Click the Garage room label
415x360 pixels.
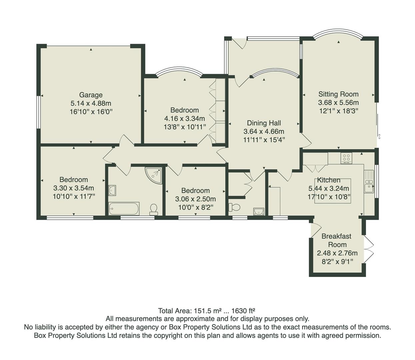point(91,95)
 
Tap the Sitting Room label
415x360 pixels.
point(338,94)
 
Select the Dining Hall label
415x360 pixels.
point(264,123)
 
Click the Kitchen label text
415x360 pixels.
point(328,180)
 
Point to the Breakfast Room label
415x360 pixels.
point(336,240)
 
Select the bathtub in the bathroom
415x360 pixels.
point(124,209)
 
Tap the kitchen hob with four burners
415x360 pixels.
point(346,158)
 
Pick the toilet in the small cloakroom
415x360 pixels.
point(235,207)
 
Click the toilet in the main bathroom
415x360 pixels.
point(154,209)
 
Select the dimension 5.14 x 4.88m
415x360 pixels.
point(91,103)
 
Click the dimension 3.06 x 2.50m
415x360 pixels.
point(195,199)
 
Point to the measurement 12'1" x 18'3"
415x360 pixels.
point(338,111)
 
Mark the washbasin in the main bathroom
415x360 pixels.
point(112,190)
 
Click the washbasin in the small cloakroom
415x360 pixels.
point(258,211)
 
